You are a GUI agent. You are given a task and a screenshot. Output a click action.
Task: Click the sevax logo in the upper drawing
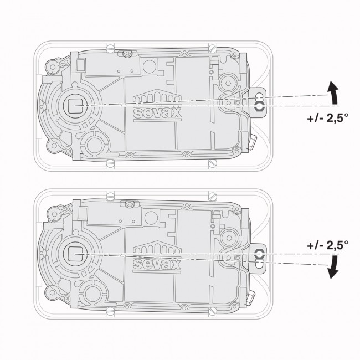click(157, 105)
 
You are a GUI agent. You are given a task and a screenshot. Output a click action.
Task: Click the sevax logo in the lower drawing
click(157, 257)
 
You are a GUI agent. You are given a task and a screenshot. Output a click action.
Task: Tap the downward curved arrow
click(333, 267)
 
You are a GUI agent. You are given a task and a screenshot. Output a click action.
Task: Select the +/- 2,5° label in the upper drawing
click(327, 119)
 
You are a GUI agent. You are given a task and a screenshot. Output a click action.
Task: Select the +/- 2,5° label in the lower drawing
click(327, 245)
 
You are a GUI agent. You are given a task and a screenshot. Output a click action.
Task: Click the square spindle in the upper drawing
click(75, 106)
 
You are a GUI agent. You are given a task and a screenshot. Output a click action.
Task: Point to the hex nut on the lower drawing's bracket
click(260, 254)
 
